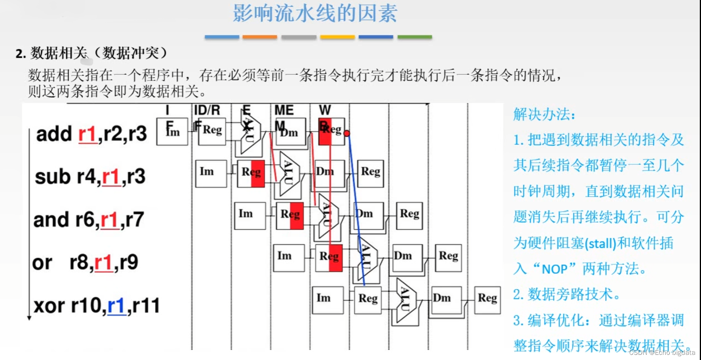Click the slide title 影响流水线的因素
[315, 13]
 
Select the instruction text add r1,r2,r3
[91, 134]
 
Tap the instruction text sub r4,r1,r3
[90, 176]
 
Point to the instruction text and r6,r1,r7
[88, 220]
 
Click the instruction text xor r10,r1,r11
[96, 305]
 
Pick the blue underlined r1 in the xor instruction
[117, 306]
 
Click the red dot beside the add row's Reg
[347, 134]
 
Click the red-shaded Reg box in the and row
[290, 215]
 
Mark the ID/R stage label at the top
[207, 110]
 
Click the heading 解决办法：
[544, 115]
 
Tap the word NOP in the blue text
[554, 269]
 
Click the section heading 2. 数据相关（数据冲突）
[92, 53]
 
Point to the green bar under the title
[415, 37]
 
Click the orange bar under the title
[259, 37]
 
